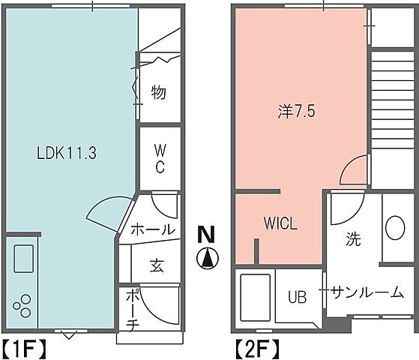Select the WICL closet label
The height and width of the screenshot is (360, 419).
coord(280,223)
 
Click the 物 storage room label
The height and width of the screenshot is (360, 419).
coord(158,93)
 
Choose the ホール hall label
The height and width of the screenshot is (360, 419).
coord(153,229)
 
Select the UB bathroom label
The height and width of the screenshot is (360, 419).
coord(298,297)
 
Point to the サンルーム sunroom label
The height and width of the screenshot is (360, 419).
coord(367,292)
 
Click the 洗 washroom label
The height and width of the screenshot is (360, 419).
coord(353,240)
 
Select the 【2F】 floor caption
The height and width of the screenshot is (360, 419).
coord(258,348)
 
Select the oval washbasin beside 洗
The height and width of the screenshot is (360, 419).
coord(394,229)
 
